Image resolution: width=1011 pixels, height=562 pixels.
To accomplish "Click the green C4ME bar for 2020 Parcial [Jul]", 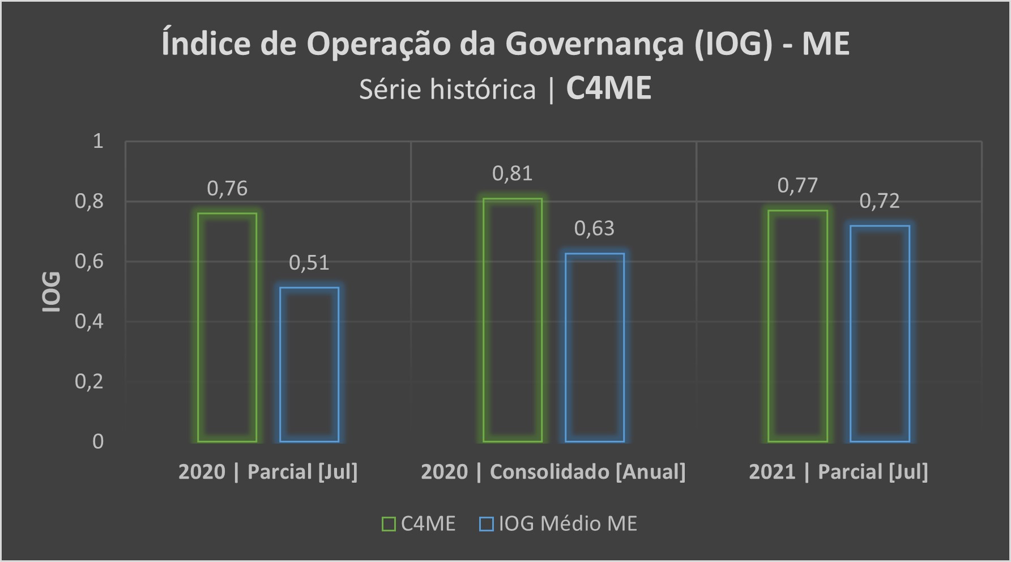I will coord(227,327).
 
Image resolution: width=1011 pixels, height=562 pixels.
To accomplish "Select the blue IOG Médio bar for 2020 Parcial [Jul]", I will coord(309,365).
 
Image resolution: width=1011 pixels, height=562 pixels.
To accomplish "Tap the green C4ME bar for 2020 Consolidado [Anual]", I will coord(513,320).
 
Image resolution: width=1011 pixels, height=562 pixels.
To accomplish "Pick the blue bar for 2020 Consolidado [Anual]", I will coord(595,347).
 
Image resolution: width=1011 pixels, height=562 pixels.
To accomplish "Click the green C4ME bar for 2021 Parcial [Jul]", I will coord(797,326).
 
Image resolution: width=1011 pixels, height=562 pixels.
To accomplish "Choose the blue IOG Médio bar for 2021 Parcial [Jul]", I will coord(880,334).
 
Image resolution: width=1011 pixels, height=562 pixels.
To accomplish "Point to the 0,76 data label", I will coord(227,189).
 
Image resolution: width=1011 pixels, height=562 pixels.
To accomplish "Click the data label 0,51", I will coord(309,263).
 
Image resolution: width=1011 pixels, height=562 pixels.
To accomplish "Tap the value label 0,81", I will coord(513,173).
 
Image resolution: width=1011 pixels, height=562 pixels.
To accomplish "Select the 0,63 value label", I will coord(594,228).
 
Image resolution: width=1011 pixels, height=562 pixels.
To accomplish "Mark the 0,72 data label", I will coord(880,201).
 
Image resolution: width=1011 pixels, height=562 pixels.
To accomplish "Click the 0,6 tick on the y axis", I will coord(89,262).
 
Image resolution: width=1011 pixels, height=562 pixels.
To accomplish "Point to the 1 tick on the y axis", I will coord(98,141).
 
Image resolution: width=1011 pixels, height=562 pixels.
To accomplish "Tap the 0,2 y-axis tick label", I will coord(89,382).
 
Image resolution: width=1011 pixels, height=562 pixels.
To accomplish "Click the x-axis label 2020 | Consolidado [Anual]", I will coord(553,472).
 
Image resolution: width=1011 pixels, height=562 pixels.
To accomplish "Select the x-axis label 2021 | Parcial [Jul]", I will coord(838,472).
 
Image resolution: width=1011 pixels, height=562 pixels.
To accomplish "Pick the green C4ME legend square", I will coord(389,524).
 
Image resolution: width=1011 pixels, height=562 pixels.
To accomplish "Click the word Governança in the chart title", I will coord(595,44).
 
